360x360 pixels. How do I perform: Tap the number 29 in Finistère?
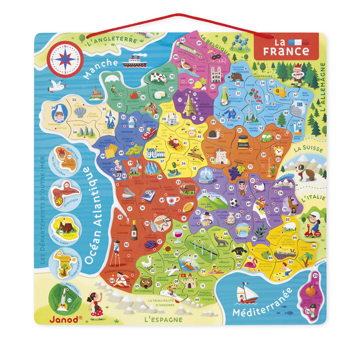tap(53, 108)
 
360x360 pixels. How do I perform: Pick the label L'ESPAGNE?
tap(163, 319)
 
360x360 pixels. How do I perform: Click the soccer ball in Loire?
tap(234, 203)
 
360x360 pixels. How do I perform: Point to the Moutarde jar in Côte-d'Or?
tap(243, 141)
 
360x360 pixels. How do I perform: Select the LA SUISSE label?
tap(305, 148)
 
